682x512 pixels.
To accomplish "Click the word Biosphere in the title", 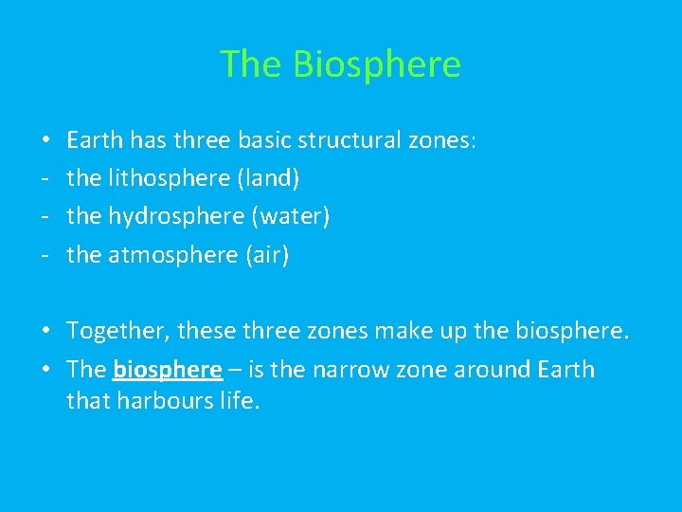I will click(x=377, y=64).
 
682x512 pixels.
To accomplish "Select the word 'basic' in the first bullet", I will click(x=264, y=140).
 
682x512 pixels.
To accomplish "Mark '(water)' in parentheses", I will click(x=291, y=216).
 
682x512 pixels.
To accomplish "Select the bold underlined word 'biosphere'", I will click(x=167, y=370).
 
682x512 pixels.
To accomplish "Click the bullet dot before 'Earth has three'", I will click(x=46, y=141).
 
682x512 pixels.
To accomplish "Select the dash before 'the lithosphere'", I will click(x=45, y=179).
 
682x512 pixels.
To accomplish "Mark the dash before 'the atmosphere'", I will click(x=45, y=256).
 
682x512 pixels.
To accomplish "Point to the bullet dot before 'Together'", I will click(x=46, y=332).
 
